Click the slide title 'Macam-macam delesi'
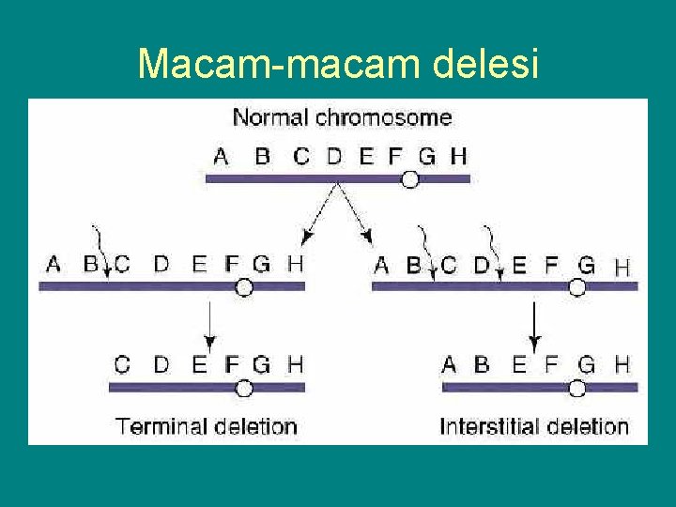pos(338,64)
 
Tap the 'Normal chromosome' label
pos(342,118)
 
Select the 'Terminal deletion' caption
pos(206,426)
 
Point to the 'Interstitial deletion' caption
pos(534,426)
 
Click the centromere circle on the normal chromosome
pos(410,178)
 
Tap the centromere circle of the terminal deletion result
pos(244,387)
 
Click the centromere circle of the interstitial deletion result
pos(578,388)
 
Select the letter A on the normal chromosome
pos(221,156)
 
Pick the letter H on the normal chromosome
pos(458,156)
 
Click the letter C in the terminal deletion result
pos(122,363)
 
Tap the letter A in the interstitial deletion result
pos(450,363)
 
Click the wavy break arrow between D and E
pos(493,250)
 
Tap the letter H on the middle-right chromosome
pos(622,267)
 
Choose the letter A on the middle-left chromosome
pos(53,265)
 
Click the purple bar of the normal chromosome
pos(310,178)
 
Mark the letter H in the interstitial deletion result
pos(622,363)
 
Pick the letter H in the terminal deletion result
pos(295,363)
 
